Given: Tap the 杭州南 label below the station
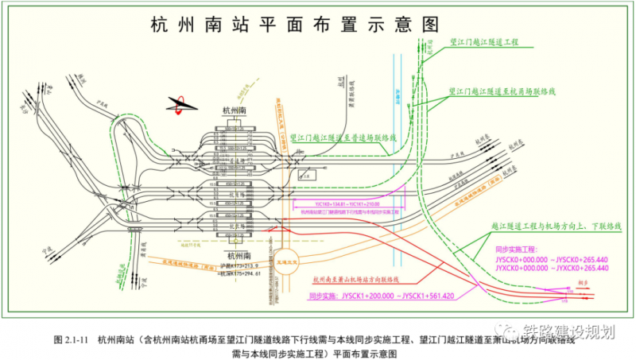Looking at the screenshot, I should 238,256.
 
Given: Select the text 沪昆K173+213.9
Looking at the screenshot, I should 238,265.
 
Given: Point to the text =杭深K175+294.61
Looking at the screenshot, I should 238,273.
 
